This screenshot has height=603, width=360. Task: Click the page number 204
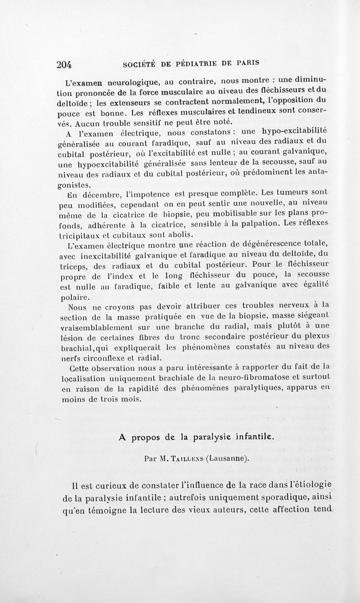[x=65, y=64]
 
